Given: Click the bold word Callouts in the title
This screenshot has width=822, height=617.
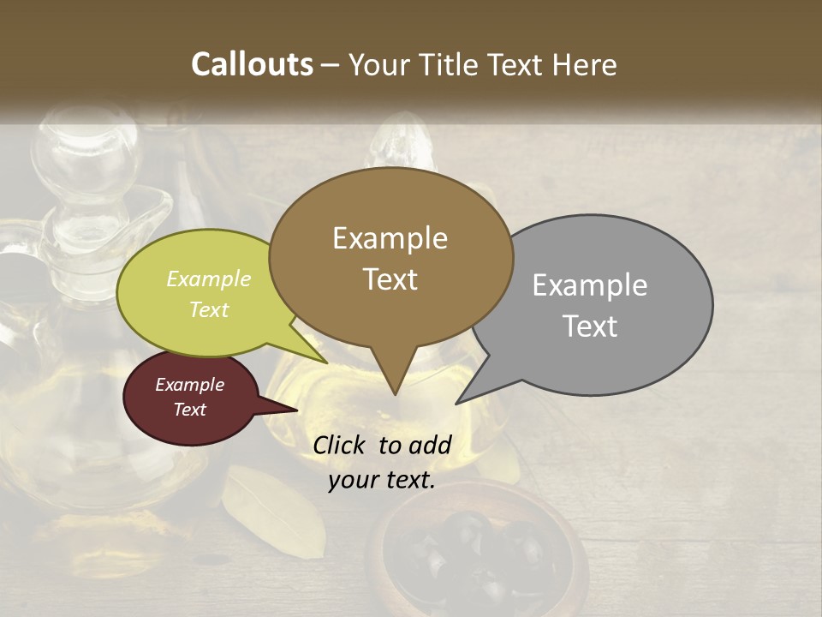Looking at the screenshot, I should coord(252,64).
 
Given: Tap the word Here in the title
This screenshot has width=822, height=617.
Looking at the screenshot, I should coord(583,64).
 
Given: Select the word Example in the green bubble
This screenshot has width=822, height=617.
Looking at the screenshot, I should coord(209,279).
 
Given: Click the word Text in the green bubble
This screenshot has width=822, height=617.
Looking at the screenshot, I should coord(209,309).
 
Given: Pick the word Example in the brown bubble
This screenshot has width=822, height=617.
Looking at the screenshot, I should coord(390,238).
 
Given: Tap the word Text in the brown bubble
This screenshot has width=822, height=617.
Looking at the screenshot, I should coord(390,279).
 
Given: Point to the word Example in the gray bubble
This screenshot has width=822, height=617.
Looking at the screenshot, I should coord(590,285).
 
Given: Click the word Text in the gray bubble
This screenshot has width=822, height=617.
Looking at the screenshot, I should coord(590,326).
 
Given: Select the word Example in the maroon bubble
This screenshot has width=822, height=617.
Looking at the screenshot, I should coord(189,385).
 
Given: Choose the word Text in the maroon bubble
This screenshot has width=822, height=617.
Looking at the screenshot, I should coord(189,410).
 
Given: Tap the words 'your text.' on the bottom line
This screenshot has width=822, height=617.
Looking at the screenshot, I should coord(382,480).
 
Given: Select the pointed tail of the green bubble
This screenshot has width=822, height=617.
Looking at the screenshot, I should coord(325,362).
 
